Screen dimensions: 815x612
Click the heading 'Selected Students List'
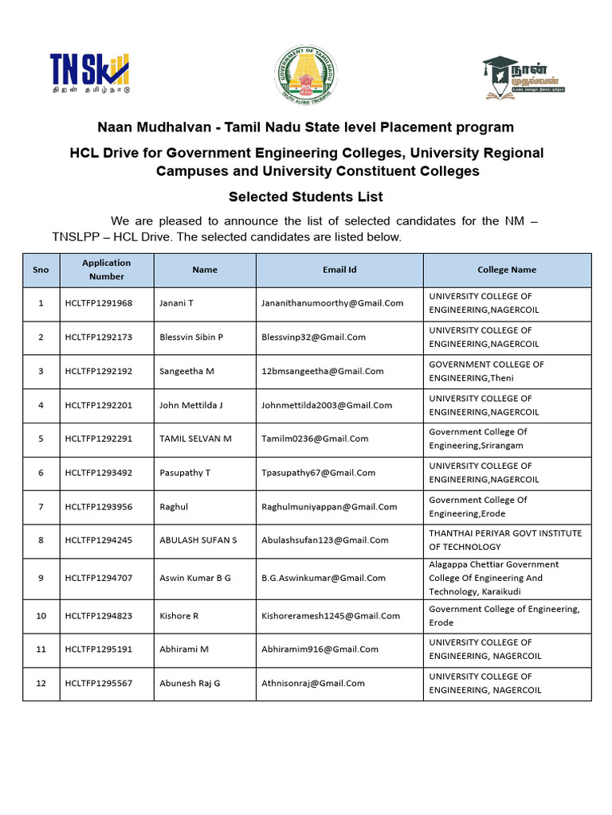(x=305, y=197)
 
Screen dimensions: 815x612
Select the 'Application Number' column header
(x=106, y=270)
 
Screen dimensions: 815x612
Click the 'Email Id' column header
(x=339, y=270)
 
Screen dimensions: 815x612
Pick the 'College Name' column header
(x=507, y=270)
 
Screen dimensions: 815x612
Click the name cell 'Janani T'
(x=177, y=303)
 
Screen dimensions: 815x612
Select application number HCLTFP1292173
(x=99, y=337)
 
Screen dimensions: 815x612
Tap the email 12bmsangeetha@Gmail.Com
(x=322, y=371)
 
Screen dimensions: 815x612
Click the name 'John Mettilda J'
(x=191, y=405)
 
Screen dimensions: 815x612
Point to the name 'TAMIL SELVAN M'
(x=195, y=439)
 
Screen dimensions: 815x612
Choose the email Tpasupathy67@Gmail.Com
(x=318, y=473)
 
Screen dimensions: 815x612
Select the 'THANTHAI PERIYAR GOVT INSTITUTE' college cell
(x=505, y=540)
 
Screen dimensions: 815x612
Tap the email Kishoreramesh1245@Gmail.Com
(x=331, y=616)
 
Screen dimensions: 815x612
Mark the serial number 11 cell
(x=41, y=649)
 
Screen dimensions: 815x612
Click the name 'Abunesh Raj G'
(x=190, y=683)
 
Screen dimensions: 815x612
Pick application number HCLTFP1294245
(x=99, y=540)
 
